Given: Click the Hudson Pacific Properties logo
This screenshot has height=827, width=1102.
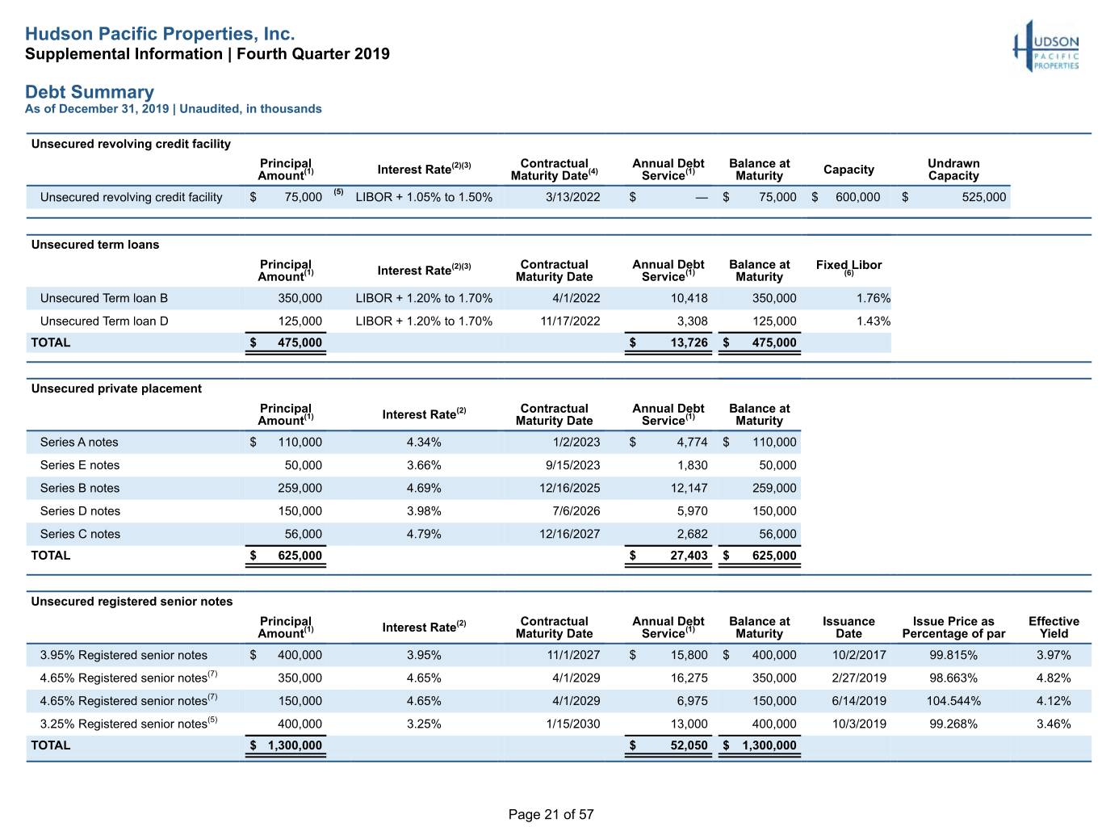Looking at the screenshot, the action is [1045, 46].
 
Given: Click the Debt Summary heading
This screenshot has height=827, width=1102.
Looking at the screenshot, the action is [90, 92].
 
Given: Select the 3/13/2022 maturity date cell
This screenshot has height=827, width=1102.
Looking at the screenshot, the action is [572, 197].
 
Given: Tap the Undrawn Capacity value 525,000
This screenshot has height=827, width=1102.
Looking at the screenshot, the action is [983, 197].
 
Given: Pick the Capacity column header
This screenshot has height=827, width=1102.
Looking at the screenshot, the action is [848, 170].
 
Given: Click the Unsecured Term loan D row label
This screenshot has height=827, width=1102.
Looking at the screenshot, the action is [104, 321].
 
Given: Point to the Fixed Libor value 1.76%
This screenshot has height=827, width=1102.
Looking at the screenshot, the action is [873, 298].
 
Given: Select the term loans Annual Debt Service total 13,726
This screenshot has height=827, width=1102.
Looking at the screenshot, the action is [689, 342].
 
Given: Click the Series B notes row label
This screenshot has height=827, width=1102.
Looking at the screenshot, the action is [80, 488].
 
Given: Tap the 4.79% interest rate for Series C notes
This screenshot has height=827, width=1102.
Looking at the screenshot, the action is [424, 534].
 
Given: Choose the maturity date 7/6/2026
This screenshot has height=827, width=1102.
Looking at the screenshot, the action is [576, 510].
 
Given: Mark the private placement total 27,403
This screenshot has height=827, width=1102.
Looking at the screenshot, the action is [689, 556].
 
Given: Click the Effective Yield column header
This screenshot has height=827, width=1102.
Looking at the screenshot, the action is [1054, 628].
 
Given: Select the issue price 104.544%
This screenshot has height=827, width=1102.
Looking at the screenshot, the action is [953, 700].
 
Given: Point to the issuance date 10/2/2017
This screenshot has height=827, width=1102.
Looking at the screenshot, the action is [859, 655].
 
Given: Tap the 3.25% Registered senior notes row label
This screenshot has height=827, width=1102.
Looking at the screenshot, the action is [128, 723].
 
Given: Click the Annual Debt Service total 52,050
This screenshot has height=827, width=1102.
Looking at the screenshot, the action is [689, 745].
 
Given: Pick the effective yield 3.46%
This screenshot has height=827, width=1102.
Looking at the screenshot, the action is [1054, 724].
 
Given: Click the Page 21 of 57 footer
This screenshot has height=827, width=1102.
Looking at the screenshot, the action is [551, 814].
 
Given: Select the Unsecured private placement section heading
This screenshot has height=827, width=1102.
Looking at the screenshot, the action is [116, 388].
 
